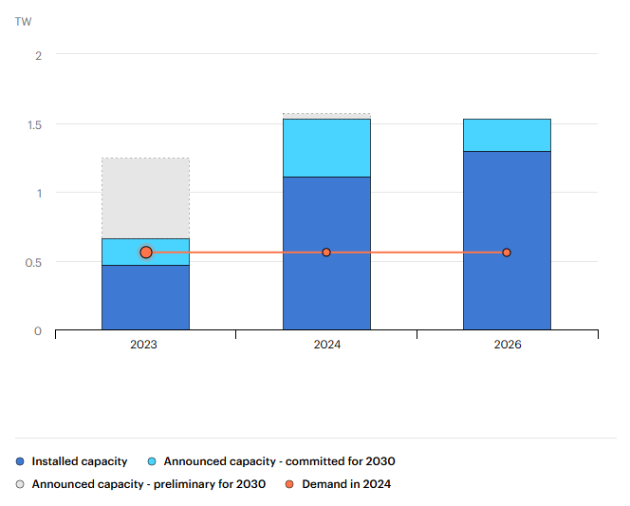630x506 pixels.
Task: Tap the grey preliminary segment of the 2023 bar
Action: coord(145,197)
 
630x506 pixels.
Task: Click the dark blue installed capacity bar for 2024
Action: coord(326,285)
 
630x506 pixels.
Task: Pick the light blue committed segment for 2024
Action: coord(326,147)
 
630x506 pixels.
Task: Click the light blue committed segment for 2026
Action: coord(507,135)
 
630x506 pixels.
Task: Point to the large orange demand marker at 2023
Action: coord(146,253)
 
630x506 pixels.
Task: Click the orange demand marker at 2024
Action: coord(326,253)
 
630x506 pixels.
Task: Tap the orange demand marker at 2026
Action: coord(507,253)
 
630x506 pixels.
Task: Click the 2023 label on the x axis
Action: coord(144,345)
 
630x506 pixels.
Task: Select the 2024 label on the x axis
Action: coord(326,345)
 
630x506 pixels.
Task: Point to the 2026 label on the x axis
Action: coord(507,345)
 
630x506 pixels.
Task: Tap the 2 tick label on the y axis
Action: coord(39,55)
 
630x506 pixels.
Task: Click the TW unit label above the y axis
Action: coord(22,21)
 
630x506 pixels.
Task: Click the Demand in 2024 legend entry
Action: coord(345,484)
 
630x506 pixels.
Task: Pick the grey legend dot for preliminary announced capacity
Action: coord(20,484)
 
